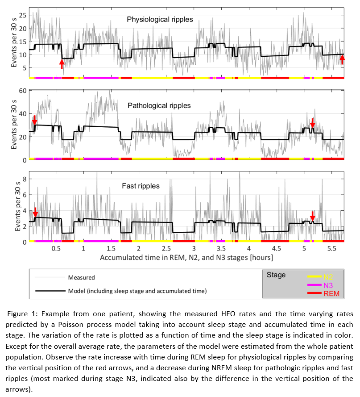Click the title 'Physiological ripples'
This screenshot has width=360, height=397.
(160, 19)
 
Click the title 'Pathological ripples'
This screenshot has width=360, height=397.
(159, 105)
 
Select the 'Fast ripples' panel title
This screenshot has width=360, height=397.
(141, 186)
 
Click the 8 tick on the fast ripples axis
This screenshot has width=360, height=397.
(25, 179)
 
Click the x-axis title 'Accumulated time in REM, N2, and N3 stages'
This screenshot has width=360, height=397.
(186, 258)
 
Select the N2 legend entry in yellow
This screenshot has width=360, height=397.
(327, 277)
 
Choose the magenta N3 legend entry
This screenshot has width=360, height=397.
(327, 285)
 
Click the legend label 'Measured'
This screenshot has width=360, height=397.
(81, 277)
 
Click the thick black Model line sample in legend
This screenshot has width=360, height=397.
(50, 291)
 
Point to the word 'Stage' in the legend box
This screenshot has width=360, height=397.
(276, 275)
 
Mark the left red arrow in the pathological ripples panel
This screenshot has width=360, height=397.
(34, 120)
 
